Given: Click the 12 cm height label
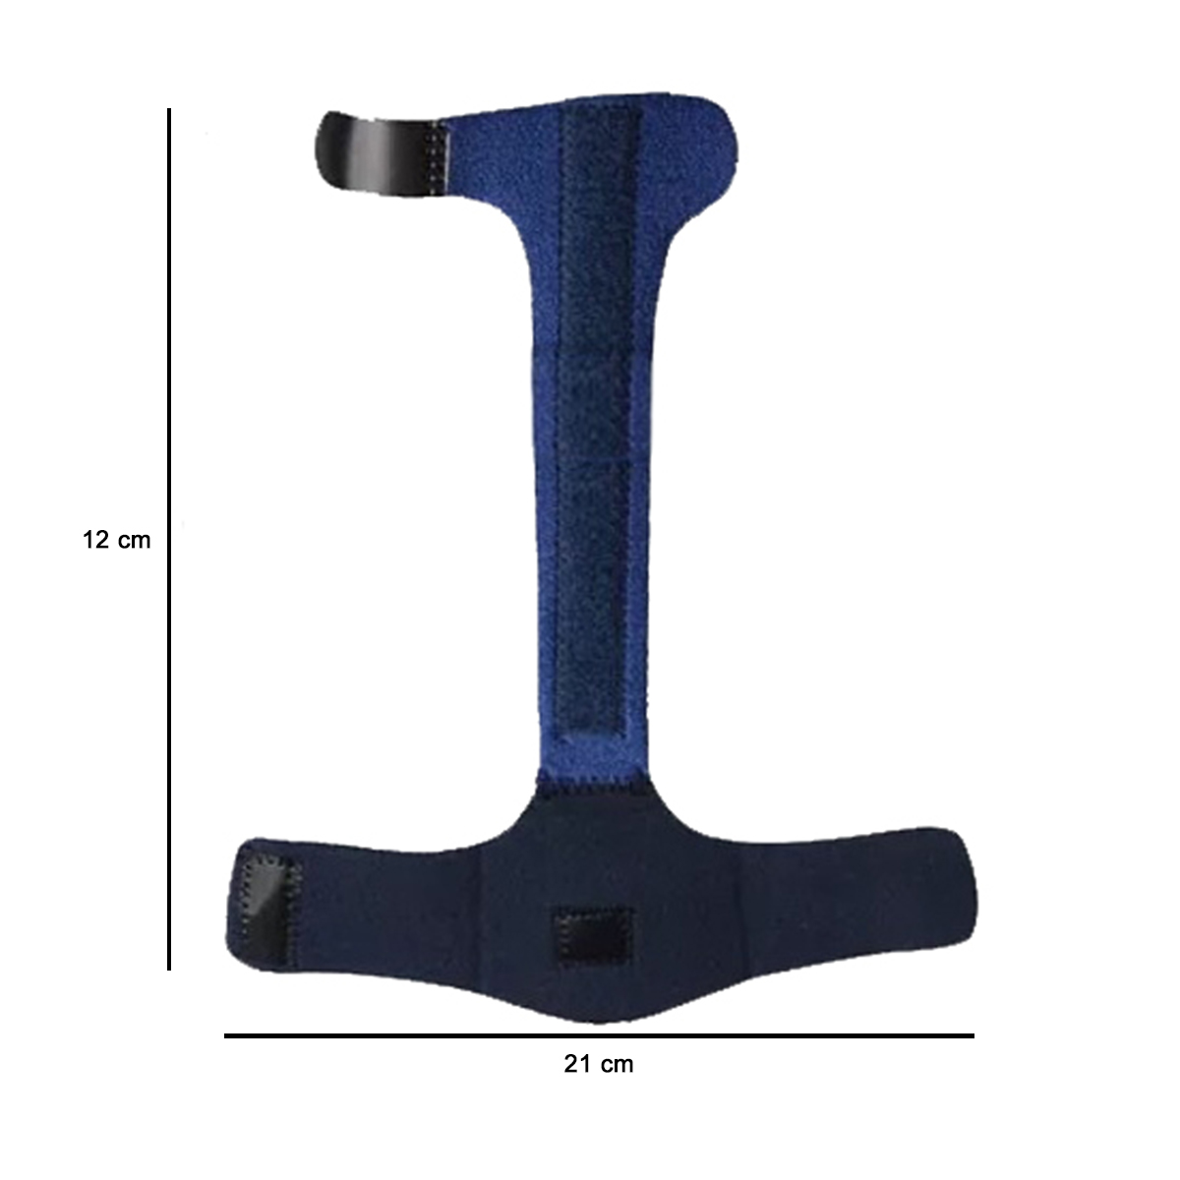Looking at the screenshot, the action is click(116, 540).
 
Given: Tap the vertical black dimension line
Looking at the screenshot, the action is click(169, 539).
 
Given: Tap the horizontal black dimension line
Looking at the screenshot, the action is click(599, 1035).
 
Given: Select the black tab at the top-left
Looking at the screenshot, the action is click(380, 153).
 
